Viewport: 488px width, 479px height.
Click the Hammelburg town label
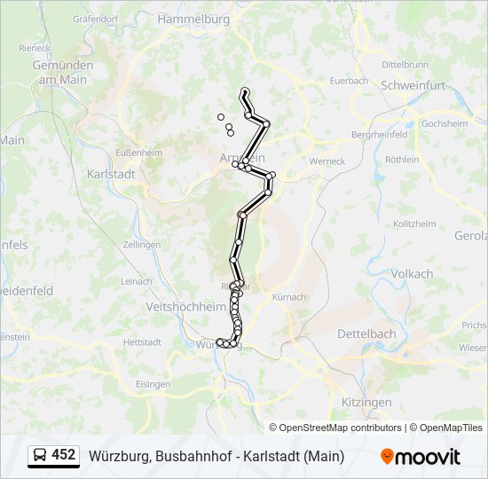[193, 19]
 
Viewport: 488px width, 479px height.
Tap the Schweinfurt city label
[413, 85]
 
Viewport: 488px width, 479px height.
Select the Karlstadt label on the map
[112, 174]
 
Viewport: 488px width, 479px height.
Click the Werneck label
[327, 161]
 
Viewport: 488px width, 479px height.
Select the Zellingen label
[143, 244]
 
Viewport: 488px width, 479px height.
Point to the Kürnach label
[289, 297]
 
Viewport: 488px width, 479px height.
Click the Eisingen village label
[153, 384]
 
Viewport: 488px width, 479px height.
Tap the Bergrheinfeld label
[379, 135]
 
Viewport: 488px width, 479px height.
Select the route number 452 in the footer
[64, 455]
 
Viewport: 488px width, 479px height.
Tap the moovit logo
[421, 457]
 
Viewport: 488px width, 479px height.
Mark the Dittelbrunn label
[405, 65]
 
